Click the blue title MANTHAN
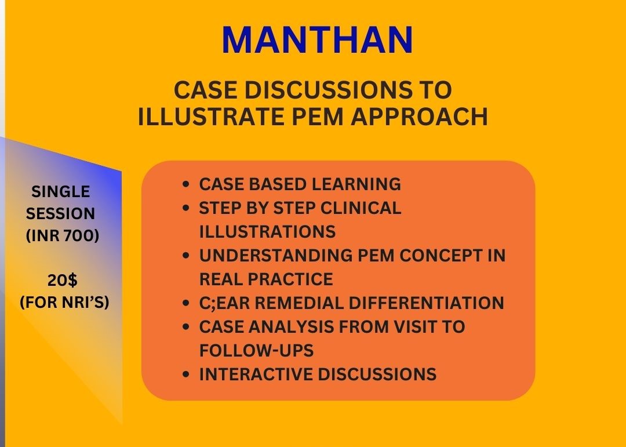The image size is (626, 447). point(317,41)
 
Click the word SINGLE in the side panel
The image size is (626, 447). point(61,192)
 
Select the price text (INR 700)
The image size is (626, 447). point(62,236)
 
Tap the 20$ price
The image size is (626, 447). point(62,281)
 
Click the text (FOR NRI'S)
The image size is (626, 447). point(64,303)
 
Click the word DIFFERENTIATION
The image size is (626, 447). point(432,303)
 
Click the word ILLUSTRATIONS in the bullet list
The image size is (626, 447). point(267,232)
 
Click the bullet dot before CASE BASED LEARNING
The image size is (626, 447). point(185,184)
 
